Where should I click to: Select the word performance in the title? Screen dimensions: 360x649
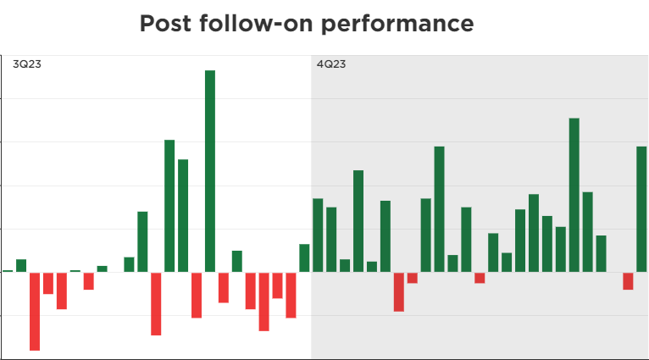(x=396, y=24)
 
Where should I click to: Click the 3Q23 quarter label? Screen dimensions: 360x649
(x=26, y=64)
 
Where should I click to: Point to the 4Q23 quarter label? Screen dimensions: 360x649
(x=330, y=64)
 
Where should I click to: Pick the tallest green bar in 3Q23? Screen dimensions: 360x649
(x=210, y=170)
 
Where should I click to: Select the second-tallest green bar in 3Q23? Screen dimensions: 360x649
(x=169, y=205)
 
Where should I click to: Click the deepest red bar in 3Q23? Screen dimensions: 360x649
(x=35, y=311)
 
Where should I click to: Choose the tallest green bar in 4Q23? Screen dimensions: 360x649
(x=574, y=195)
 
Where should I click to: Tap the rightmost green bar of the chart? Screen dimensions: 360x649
(x=641, y=208)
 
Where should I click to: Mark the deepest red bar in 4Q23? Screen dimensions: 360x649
(x=399, y=291)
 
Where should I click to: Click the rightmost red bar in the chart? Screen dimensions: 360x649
(x=628, y=280)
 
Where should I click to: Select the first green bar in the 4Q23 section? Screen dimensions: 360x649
(x=318, y=235)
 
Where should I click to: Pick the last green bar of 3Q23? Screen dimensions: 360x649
(x=304, y=258)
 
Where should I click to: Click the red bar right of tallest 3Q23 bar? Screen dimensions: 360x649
(x=224, y=287)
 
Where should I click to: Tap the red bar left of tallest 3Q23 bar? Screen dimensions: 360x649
(x=197, y=295)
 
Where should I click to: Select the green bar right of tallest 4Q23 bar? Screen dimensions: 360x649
(x=587, y=231)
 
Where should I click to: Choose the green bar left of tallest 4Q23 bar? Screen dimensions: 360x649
(x=560, y=249)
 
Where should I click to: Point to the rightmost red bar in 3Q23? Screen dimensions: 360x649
(x=291, y=295)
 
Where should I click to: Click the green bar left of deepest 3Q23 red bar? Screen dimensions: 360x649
(x=21, y=265)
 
